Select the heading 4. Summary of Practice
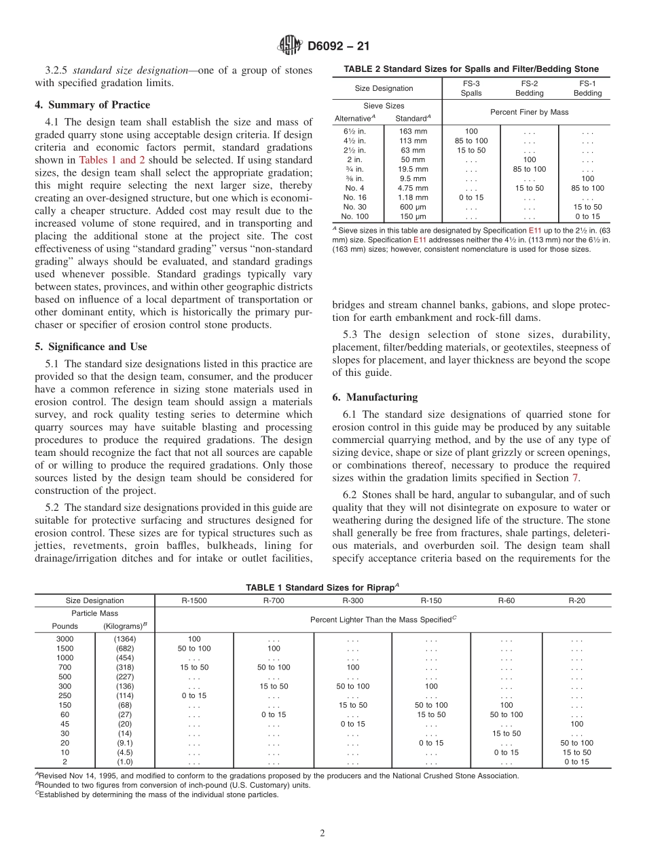[x=92, y=104]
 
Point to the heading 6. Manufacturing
[x=375, y=396]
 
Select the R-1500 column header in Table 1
[x=193, y=600]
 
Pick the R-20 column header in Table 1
[x=577, y=600]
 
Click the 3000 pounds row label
[x=64, y=639]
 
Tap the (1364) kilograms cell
[x=125, y=639]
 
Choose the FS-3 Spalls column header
[x=471, y=88]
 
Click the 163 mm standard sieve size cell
[x=413, y=131]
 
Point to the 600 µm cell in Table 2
[x=413, y=207]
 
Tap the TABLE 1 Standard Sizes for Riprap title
[x=322, y=587]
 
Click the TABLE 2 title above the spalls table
[x=471, y=69]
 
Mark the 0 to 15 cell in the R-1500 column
[x=193, y=695]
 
